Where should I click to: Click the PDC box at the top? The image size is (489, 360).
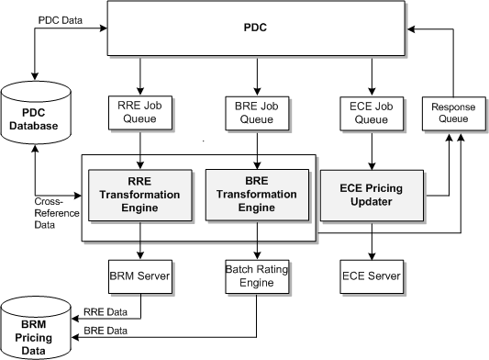(256, 29)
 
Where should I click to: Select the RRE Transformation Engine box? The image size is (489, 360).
(140, 195)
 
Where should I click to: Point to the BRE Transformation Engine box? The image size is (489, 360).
(257, 195)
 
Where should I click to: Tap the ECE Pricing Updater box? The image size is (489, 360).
(372, 195)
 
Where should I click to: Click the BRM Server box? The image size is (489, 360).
(140, 274)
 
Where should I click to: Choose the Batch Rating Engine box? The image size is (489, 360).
(257, 274)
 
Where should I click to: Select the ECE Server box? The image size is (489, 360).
(372, 274)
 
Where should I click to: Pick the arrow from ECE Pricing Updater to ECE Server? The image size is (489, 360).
(372, 240)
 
